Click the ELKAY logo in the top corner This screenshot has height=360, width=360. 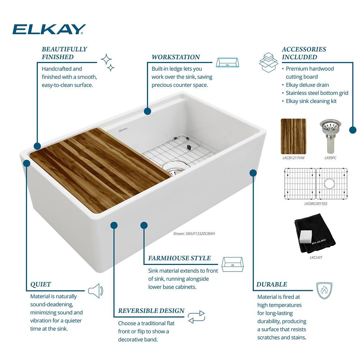[x=49, y=29]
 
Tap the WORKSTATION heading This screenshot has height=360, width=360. [x=176, y=57]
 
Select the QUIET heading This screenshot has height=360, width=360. [x=41, y=284]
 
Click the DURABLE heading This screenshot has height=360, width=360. [x=271, y=284]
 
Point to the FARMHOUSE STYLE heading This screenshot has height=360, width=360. [x=179, y=258]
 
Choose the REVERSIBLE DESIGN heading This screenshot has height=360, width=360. [x=151, y=311]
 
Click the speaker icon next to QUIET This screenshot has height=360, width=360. [x=96, y=291]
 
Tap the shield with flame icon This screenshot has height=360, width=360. [x=324, y=291]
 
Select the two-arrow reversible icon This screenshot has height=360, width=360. [x=196, y=317]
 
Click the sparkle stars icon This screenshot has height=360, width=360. [x=108, y=62]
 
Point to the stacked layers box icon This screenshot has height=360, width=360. [x=269, y=62]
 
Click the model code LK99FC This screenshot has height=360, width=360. [x=330, y=158]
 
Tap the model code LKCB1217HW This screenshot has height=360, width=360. [x=293, y=158]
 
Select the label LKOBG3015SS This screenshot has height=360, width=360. [x=316, y=204]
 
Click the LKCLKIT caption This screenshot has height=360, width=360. [x=316, y=258]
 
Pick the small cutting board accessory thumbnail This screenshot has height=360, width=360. [x=293, y=136]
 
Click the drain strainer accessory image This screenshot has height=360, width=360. [x=330, y=136]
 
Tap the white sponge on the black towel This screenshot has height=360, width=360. [x=306, y=237]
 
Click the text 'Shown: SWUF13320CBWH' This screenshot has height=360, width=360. [x=194, y=234]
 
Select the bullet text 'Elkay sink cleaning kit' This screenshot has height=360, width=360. [x=311, y=101]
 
